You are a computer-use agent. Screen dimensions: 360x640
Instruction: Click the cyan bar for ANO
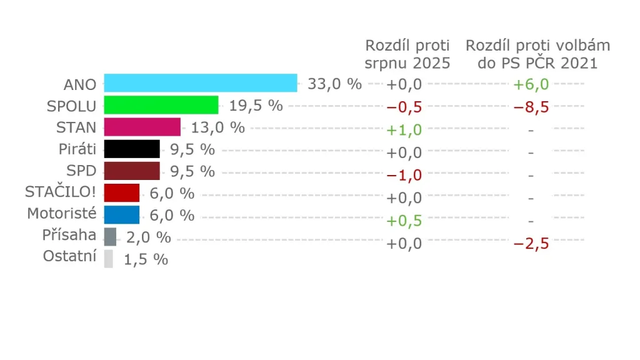click(200, 83)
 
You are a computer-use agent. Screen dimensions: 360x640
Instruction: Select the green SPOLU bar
click(161, 105)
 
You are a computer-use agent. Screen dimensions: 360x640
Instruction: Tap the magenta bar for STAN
click(142, 127)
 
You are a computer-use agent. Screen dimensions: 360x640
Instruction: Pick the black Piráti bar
click(132, 149)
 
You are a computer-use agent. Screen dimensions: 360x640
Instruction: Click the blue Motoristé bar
click(122, 214)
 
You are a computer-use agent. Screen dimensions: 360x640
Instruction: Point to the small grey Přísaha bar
click(110, 237)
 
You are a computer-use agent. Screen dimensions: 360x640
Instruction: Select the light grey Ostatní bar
click(108, 259)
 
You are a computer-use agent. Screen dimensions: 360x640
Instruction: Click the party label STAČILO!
click(61, 192)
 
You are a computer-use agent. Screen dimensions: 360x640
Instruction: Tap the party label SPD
click(81, 170)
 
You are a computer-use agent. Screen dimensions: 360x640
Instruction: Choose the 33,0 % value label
click(334, 84)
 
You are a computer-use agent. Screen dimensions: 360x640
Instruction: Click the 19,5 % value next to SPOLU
click(256, 106)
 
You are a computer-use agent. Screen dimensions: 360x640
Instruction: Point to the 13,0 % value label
click(217, 127)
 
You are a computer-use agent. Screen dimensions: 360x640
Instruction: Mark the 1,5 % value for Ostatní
click(146, 259)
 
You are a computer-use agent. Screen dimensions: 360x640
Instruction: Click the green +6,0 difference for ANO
click(531, 84)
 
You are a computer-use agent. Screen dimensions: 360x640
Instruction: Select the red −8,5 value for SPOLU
click(531, 107)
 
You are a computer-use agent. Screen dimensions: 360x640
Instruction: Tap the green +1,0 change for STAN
click(404, 130)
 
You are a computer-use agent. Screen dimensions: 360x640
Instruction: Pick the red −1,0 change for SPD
click(404, 175)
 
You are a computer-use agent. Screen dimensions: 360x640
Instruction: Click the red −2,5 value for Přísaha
click(531, 243)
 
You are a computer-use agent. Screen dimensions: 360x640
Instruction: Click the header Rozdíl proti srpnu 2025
click(407, 54)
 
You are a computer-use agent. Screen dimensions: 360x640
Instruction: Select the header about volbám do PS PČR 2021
click(537, 54)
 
